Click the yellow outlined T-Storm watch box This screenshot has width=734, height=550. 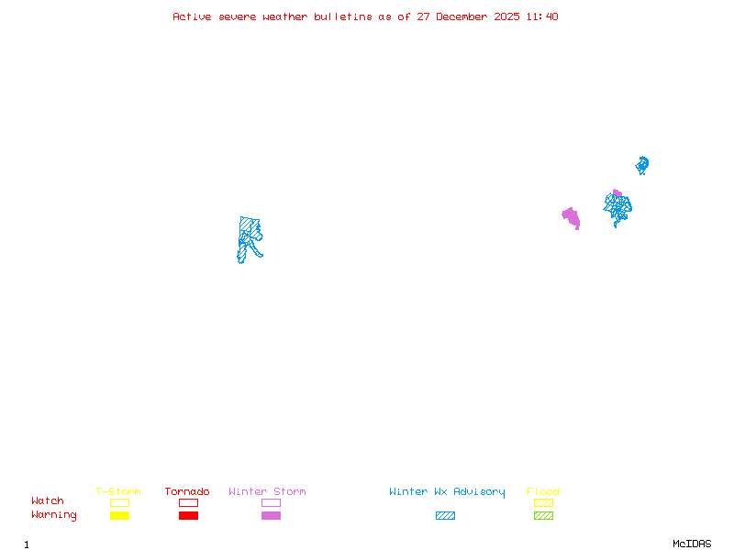click(119, 502)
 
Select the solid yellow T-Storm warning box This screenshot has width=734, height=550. click(119, 516)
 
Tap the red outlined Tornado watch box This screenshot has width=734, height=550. click(188, 502)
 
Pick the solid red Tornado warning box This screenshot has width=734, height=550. click(188, 516)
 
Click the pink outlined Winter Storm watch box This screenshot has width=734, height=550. click(271, 502)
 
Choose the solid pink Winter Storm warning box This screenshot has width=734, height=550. click(271, 516)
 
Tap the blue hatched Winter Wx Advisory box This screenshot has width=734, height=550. click(445, 516)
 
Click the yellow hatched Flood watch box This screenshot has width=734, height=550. click(543, 502)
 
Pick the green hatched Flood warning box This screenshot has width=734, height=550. click(543, 516)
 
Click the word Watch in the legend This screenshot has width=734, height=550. click(48, 501)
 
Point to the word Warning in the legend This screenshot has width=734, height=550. click(54, 515)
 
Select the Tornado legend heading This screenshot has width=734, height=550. click(187, 492)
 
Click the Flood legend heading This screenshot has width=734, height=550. click(543, 492)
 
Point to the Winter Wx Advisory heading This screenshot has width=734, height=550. click(447, 492)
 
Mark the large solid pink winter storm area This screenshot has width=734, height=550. click(572, 217)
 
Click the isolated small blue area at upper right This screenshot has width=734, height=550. click(642, 165)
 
